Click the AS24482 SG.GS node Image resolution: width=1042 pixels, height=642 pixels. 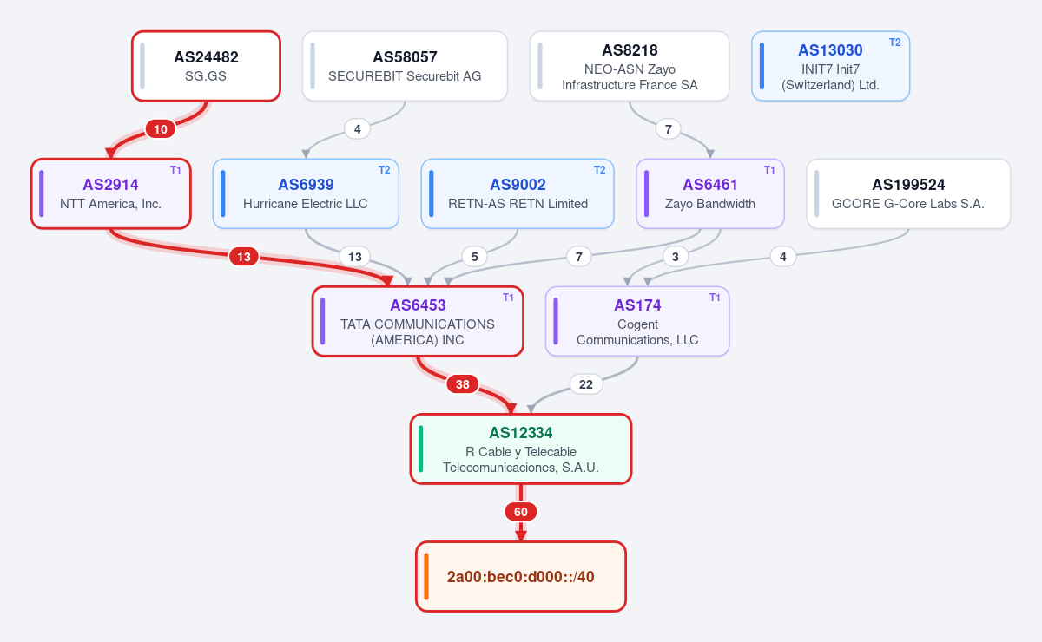206,66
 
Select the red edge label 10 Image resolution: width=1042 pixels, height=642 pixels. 161,129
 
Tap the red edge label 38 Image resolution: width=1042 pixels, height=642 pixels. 462,384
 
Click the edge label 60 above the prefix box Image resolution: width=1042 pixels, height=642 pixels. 520,512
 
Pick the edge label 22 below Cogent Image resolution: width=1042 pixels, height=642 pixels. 586,384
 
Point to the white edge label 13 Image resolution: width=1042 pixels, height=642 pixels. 355,257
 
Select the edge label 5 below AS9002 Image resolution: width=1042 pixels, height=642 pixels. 474,257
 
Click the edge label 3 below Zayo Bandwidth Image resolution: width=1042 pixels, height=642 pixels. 676,257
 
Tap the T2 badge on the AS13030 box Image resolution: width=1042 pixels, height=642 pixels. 895,43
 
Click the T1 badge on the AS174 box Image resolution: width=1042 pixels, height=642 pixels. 715,298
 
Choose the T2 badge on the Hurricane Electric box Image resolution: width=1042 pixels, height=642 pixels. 384,170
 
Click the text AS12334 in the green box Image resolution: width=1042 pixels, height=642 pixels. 520,433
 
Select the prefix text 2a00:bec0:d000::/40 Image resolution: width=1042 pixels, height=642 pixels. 520,577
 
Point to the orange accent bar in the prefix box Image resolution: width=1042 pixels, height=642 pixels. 426,576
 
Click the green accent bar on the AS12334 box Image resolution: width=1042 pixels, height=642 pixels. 420,449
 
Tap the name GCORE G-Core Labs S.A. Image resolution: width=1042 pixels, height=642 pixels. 908,204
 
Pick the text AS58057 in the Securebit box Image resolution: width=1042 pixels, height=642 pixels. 405,57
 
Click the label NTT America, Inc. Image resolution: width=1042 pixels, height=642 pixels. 111,204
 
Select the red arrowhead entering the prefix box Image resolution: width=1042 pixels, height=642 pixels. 520,536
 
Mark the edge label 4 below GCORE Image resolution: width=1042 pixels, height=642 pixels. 783,257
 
